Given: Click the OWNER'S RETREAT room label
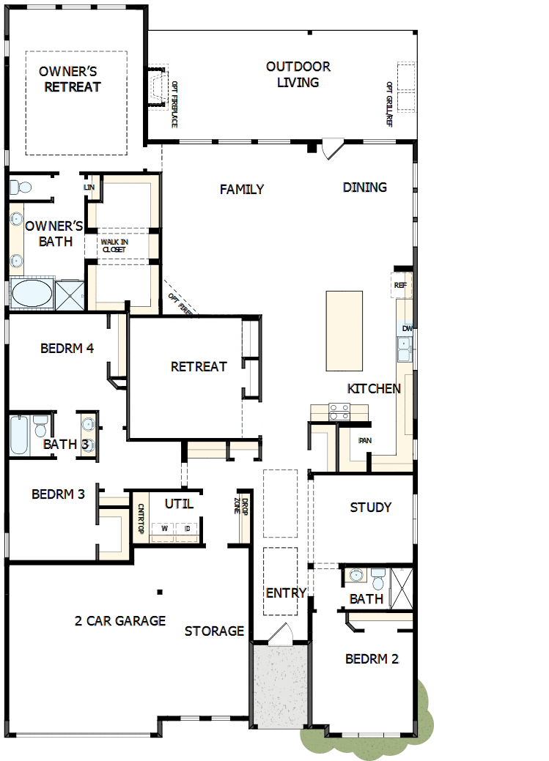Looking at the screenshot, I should tap(70, 79).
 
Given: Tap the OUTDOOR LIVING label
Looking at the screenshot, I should tap(298, 74).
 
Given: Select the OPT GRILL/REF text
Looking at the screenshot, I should tap(389, 104).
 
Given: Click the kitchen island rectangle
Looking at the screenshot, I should tap(344, 330).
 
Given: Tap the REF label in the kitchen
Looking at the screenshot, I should tap(400, 285).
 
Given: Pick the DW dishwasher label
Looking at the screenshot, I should tap(407, 329).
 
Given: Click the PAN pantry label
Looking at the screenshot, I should tap(364, 441).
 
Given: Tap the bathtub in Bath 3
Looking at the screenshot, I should tap(19, 434).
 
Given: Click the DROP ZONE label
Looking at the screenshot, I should tap(242, 506).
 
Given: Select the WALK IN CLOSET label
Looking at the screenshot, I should tap(114, 245).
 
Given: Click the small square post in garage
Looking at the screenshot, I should tap(159, 591).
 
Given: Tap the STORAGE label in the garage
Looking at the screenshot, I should tap(214, 631).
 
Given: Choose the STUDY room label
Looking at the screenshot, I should tap(370, 507).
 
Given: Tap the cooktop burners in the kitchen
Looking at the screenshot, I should tap(339, 412).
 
